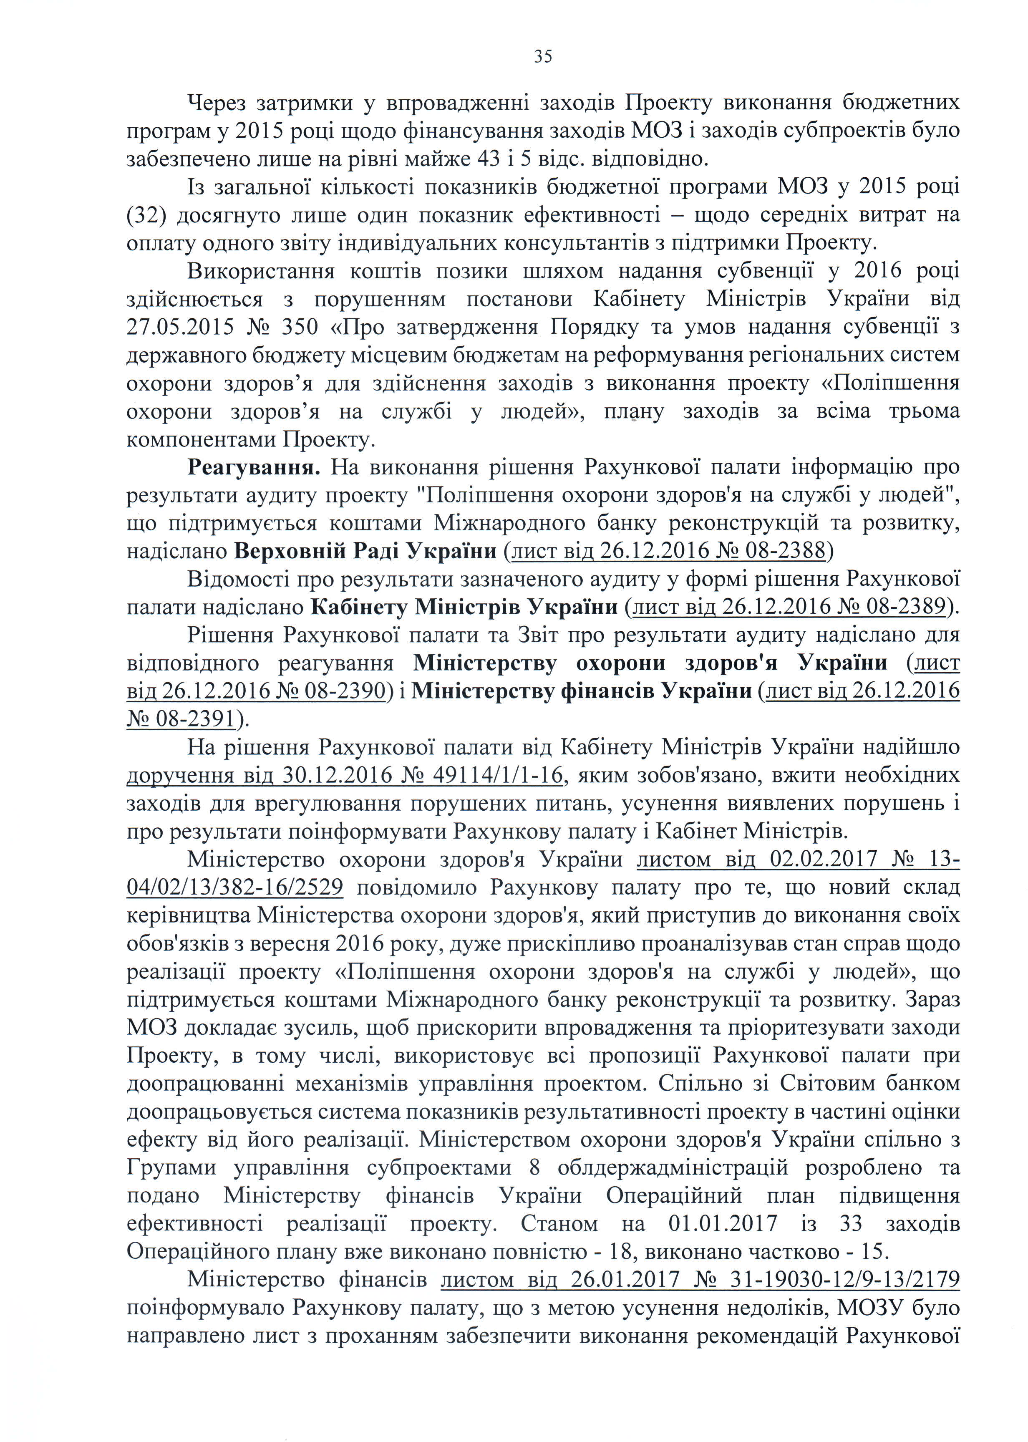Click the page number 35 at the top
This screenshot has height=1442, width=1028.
pos(543,57)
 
